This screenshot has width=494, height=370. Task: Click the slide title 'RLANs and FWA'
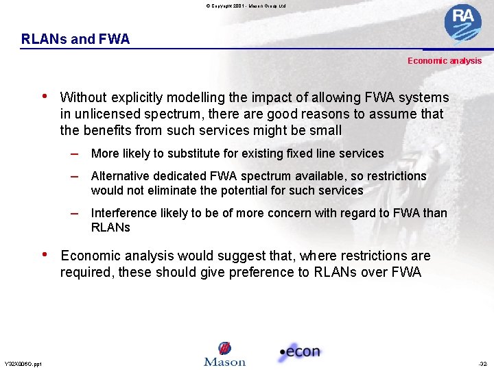pos(75,39)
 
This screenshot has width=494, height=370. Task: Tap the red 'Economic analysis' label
pos(445,61)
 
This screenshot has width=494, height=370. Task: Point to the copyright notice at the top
pos(246,5)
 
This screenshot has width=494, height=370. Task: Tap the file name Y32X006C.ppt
pos(23,364)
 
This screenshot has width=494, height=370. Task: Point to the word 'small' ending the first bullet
pos(325,130)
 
